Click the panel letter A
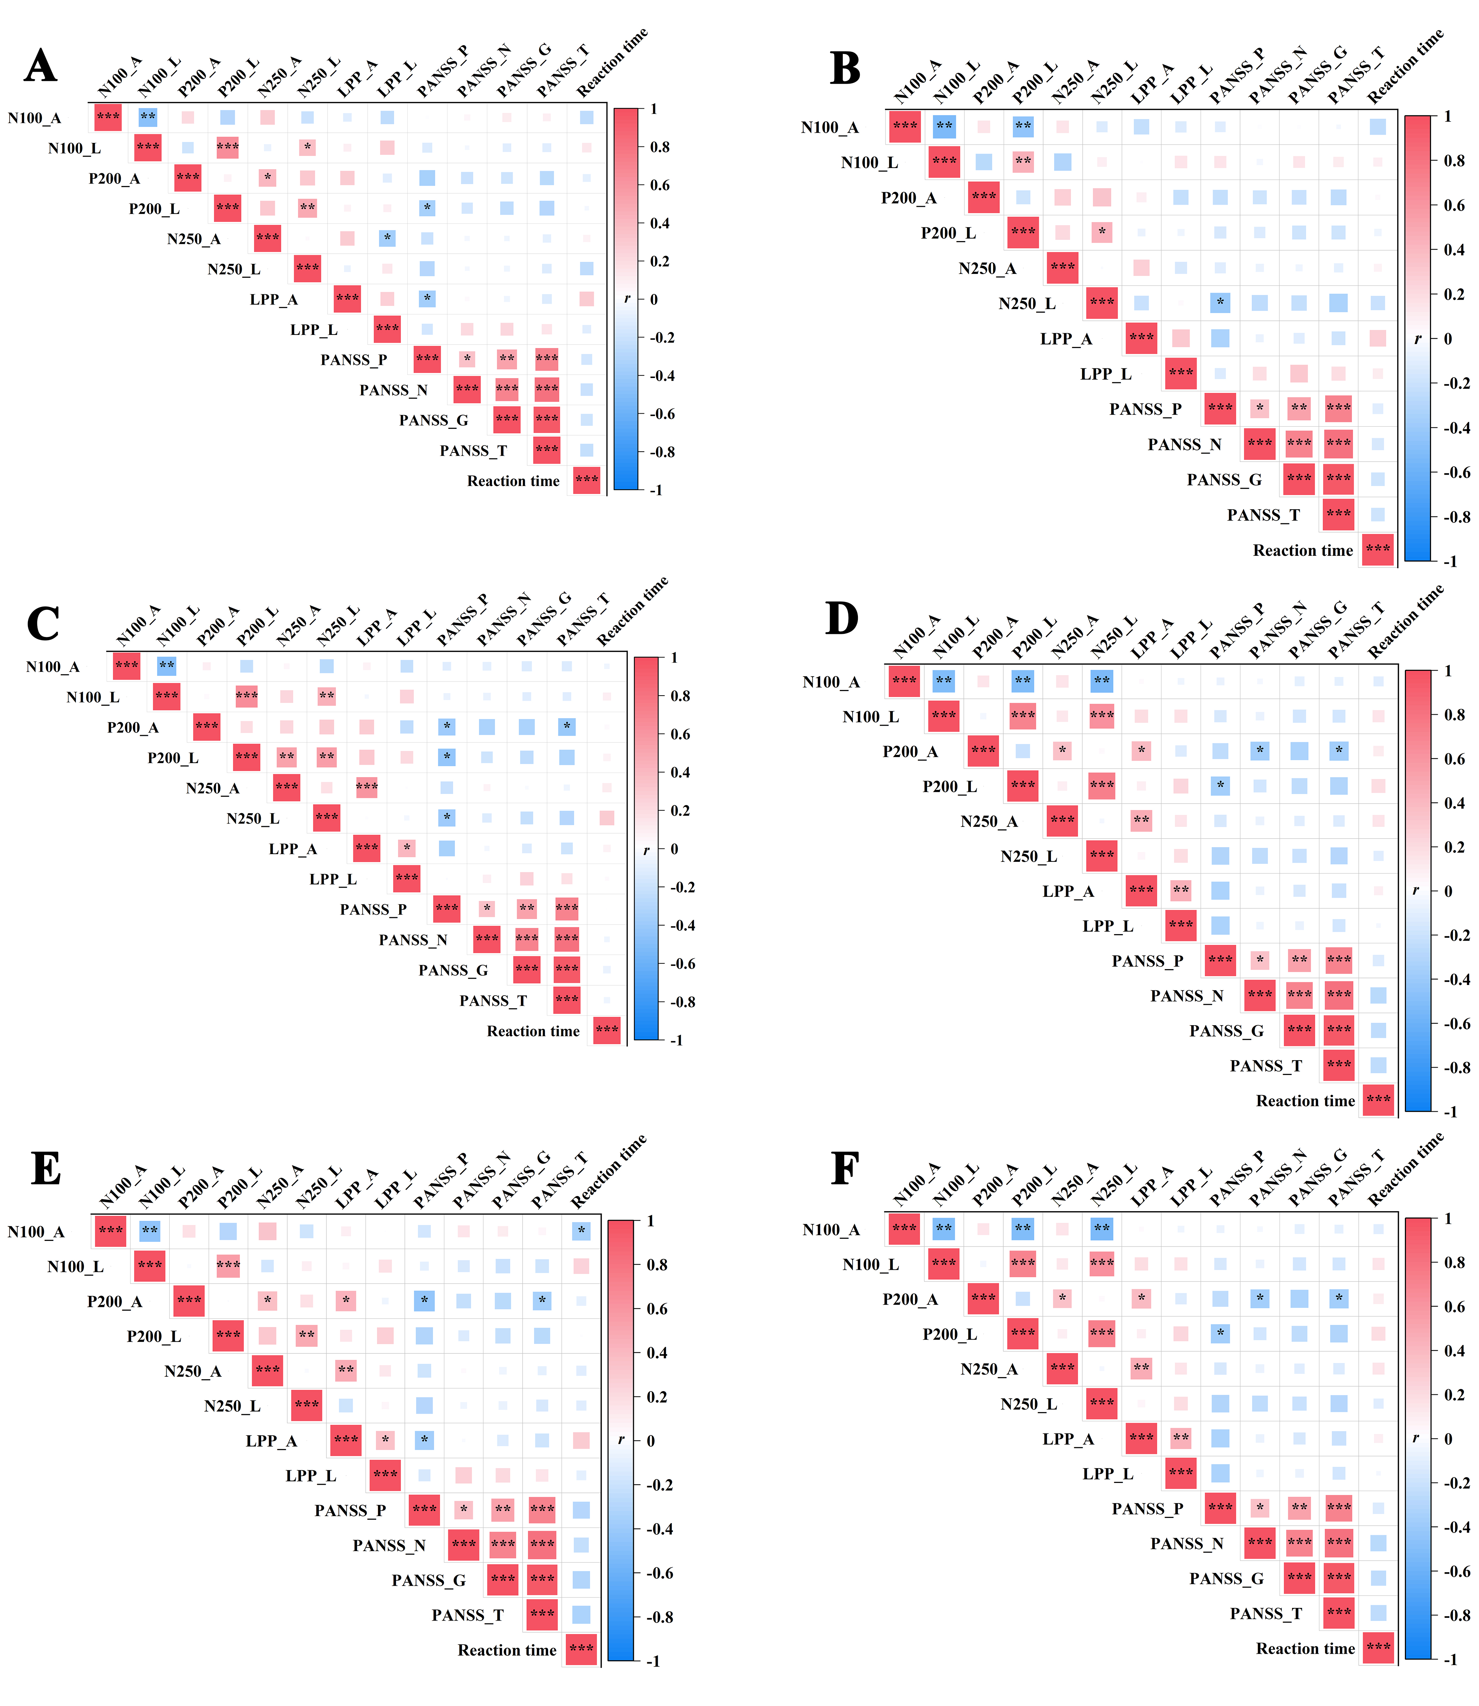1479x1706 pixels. pyautogui.click(x=40, y=66)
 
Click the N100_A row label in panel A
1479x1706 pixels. pyautogui.click(x=35, y=118)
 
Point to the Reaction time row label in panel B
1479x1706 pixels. pyautogui.click(x=1303, y=551)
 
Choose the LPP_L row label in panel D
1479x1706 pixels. pyautogui.click(x=1108, y=926)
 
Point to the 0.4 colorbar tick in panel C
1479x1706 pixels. pyautogui.click(x=680, y=773)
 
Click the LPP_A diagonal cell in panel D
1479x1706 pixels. pyautogui.click(x=1141, y=890)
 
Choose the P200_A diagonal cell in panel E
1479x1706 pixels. pyautogui.click(x=189, y=1300)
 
